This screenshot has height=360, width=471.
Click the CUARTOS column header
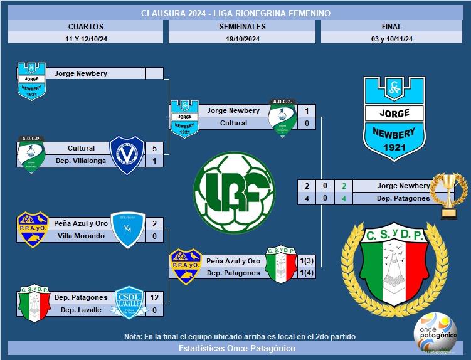click(85, 27)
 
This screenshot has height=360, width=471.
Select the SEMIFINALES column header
click(242, 27)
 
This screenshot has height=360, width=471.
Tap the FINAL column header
click(391, 27)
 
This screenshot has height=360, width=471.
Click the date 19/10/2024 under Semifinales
click(242, 38)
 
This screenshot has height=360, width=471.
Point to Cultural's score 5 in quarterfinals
click(154, 149)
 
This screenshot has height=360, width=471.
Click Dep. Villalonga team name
click(81, 161)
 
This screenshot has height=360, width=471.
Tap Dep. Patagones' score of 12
click(154, 297)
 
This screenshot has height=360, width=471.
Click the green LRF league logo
click(234, 186)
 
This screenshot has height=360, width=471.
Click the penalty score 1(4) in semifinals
click(306, 273)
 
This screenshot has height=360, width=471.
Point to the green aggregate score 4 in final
click(343, 198)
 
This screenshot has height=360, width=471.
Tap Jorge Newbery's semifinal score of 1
click(306, 111)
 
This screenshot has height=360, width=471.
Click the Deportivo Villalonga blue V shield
click(127, 154)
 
